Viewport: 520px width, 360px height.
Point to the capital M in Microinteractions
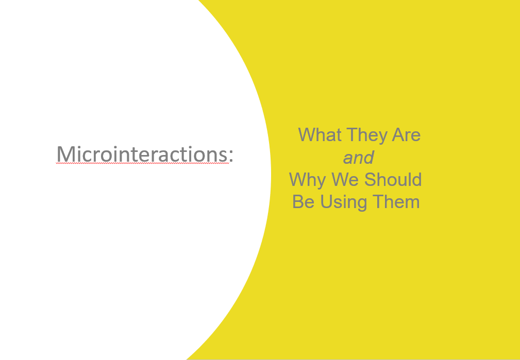(x=65, y=154)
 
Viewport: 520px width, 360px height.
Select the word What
(x=320, y=134)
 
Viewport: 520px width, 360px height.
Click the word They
(x=367, y=136)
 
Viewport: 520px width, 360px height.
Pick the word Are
(x=406, y=134)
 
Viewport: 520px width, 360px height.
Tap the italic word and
(x=359, y=158)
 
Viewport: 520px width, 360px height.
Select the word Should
(x=393, y=179)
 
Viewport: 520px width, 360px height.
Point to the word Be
(x=303, y=201)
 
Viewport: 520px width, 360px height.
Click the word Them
(x=396, y=201)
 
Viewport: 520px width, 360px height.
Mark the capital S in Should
(x=370, y=179)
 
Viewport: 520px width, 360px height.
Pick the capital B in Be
(x=298, y=201)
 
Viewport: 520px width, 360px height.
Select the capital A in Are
(x=398, y=134)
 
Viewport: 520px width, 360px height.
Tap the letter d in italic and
(x=369, y=158)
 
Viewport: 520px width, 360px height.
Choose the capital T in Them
(x=378, y=201)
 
